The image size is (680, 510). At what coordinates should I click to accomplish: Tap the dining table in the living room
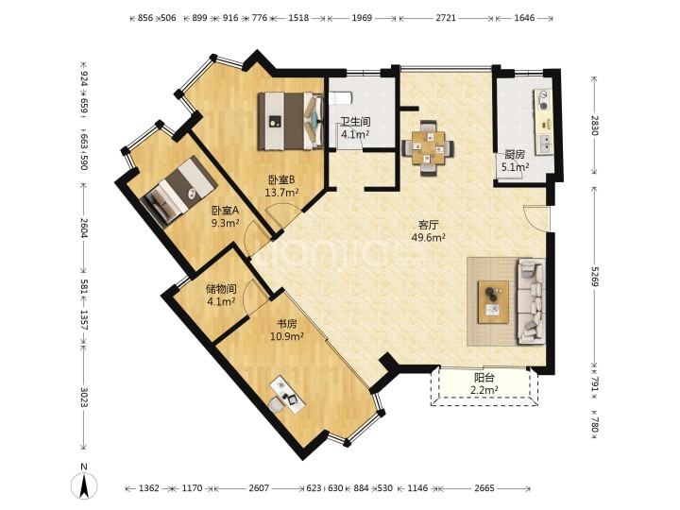tap(428, 148)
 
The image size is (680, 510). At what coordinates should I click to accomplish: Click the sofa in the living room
tap(531, 301)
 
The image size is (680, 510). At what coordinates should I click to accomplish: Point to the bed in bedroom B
tap(291, 121)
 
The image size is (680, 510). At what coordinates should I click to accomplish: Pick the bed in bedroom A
tap(178, 191)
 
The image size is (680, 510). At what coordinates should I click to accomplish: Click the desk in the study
tap(287, 394)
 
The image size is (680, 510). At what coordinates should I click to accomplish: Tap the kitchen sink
tap(545, 144)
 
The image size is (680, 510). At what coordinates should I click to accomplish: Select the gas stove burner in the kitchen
tap(543, 99)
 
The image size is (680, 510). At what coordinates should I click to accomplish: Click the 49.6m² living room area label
tap(429, 237)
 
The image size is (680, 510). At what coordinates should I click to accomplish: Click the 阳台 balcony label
tap(484, 378)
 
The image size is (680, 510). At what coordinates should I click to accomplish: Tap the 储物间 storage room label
tap(221, 288)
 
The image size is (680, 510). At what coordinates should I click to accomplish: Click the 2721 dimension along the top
tap(446, 18)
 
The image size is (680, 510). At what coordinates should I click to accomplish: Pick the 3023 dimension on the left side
tap(84, 396)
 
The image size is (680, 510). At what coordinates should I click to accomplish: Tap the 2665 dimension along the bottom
tap(484, 488)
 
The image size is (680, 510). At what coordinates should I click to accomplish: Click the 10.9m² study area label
tap(287, 336)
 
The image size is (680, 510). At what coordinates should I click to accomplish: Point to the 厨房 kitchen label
tap(515, 154)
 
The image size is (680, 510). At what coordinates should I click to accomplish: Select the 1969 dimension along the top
tap(362, 18)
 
